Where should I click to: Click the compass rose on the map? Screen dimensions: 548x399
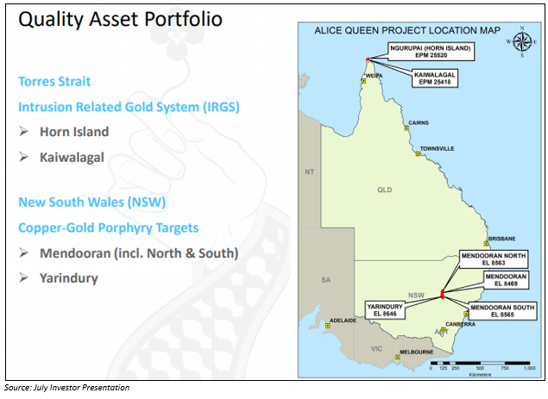pos(522,42)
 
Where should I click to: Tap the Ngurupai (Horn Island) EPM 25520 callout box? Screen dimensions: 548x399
pos(431,52)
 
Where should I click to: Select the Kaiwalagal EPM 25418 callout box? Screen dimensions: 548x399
pos(435,78)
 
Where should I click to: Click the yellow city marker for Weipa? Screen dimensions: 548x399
pos(363,81)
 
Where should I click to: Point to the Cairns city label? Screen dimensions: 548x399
pos(419,123)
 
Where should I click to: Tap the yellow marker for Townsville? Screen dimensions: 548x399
pos(418,153)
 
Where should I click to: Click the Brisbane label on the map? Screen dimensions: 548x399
pos(502,239)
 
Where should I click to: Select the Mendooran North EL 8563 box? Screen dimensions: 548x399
pos(494,259)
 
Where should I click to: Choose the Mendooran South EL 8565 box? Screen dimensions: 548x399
pos(502,311)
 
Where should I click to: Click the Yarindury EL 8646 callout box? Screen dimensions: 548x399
pos(385,310)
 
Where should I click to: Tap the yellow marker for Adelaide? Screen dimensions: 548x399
pos(328,326)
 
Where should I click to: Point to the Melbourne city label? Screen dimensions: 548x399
pos(417,352)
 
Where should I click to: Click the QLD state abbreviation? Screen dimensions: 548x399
pos(384,190)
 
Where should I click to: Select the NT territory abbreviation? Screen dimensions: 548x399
pos(309,172)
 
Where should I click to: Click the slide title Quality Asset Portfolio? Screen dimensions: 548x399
pos(120,19)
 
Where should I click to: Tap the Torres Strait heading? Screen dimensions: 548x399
pos(54,81)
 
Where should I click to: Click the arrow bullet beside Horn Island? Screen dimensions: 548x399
pos(24,131)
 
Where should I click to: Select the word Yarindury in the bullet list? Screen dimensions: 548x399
pos(69,278)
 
